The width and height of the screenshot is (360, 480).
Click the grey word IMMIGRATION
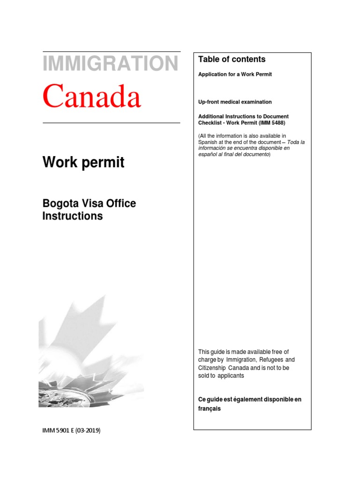pyautogui.click(x=111, y=64)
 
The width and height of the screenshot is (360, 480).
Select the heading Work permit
pyautogui.click(x=83, y=163)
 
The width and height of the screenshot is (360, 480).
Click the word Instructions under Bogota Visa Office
pyautogui.click(x=72, y=216)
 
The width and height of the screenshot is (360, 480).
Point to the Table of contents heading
pyautogui.click(x=232, y=59)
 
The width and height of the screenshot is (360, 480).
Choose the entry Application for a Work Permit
pyautogui.click(x=235, y=75)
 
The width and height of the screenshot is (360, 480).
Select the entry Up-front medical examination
pyautogui.click(x=235, y=102)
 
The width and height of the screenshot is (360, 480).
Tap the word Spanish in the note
pyautogui.click(x=208, y=142)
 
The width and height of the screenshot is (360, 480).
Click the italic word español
pyautogui.click(x=209, y=155)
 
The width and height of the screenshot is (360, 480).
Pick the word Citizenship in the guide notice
pyautogui.click(x=213, y=368)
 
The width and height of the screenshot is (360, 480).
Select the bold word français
pyautogui.click(x=209, y=409)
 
